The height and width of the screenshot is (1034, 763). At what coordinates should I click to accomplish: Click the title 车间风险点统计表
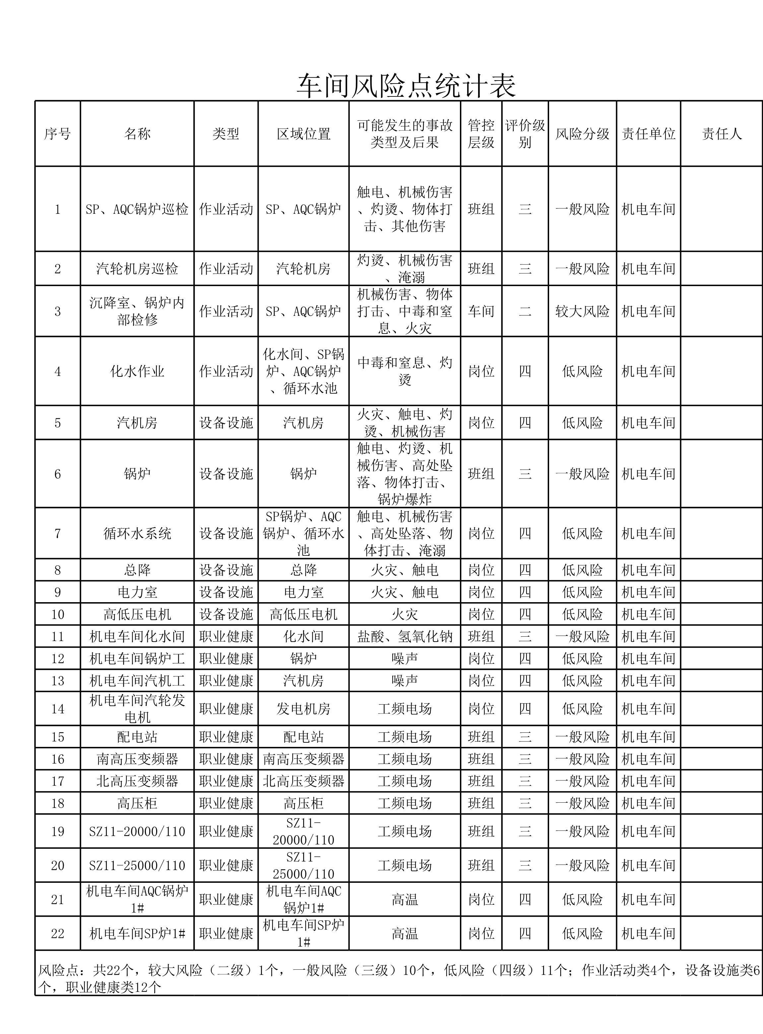point(406,86)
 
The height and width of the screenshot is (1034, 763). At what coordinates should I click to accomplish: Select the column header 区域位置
point(303,134)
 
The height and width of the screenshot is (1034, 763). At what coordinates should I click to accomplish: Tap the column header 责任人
point(722,134)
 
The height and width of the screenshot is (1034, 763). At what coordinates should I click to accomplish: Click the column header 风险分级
point(582,134)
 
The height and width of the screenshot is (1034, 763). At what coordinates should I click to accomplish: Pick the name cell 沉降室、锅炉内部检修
point(137,311)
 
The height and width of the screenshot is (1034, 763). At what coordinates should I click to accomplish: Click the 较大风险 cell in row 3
point(582,311)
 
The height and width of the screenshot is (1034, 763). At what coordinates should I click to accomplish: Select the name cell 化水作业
point(137,371)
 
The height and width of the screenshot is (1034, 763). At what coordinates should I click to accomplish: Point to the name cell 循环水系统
point(137,534)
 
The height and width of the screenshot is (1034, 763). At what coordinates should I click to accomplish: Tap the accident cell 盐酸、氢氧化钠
point(405,637)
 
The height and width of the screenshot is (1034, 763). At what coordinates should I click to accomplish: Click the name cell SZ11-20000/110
point(137,832)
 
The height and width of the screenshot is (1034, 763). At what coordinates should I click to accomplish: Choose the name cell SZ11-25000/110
point(137,866)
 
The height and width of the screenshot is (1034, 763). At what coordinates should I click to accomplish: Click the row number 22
point(58,933)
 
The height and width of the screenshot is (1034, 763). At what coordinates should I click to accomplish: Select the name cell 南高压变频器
point(137,759)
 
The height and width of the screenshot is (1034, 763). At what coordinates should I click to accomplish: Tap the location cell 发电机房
point(303,709)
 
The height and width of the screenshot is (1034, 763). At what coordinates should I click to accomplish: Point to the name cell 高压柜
point(137,803)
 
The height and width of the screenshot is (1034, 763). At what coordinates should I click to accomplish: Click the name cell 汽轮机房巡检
point(137,269)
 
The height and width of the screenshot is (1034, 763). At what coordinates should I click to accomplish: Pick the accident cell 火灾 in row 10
point(405,614)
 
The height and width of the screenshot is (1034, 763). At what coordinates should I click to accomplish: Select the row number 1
point(58,209)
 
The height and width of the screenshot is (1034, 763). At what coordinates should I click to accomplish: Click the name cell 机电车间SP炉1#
point(137,933)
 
